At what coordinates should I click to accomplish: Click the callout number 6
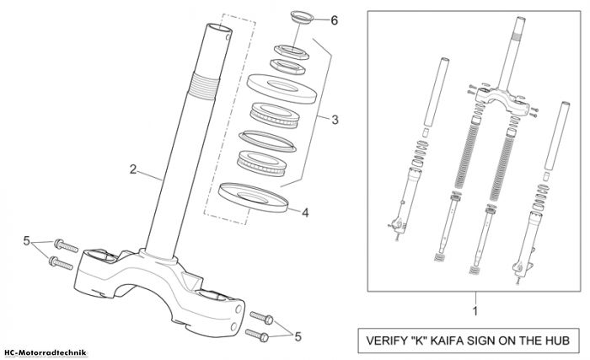(334, 20)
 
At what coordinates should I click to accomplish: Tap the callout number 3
(335, 120)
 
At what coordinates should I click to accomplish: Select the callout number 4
(305, 212)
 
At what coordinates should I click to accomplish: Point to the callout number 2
(133, 169)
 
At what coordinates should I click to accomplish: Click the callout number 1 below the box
(475, 311)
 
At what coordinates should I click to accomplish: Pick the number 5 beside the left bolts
(26, 240)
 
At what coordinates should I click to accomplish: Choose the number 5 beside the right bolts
(298, 336)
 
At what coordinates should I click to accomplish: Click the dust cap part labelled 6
(302, 18)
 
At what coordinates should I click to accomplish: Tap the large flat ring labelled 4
(253, 197)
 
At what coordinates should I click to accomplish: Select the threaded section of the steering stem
(204, 86)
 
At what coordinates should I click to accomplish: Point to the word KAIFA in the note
(448, 341)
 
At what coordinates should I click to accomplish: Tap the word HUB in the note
(559, 341)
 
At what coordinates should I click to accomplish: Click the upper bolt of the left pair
(66, 245)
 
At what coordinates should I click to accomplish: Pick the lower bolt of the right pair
(257, 335)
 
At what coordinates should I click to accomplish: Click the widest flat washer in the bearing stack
(282, 89)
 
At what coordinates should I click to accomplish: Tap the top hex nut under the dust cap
(292, 51)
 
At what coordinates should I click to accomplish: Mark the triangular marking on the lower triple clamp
(190, 281)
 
